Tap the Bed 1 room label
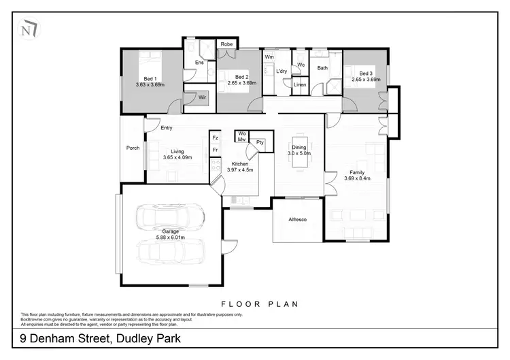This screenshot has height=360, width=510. pos(150,78)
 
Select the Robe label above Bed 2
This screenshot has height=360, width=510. pos(226,45)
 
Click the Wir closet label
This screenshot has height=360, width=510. pos(203,97)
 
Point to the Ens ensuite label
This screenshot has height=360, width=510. pos(199,63)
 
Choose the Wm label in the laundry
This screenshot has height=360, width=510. pos(269,56)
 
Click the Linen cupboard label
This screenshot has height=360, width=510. pos(300,85)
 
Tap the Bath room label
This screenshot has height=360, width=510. pos(322,68)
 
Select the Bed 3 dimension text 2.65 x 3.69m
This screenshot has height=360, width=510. pos(366,80)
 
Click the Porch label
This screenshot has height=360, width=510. pos(133,148)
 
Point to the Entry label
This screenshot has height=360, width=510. pos(167,128)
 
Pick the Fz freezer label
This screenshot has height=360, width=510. pos(215,138)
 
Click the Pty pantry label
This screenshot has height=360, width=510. pos(260,142)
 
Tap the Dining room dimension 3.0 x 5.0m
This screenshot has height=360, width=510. pos(299,154)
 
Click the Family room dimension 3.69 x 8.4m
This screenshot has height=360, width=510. pos(356,178)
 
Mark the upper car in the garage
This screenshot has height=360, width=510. pos(171,218)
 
